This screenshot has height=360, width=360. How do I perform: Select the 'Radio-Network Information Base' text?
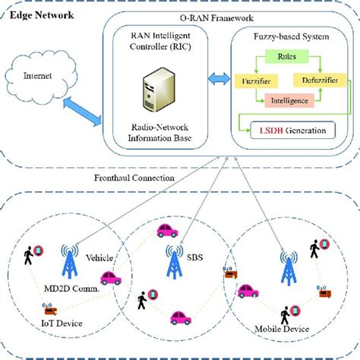[163, 132]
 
